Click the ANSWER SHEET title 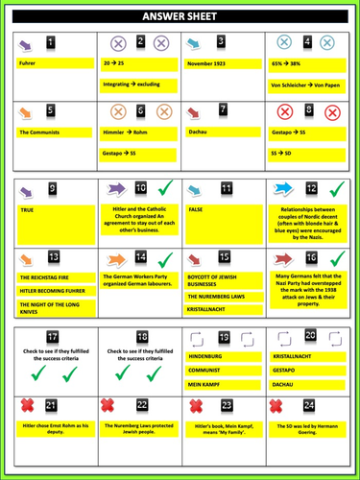[x=180, y=16]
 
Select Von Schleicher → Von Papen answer [x=310, y=84]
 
